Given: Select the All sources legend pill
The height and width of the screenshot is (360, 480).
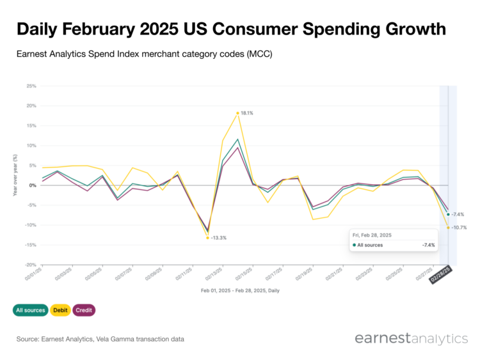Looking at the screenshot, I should tap(29, 310).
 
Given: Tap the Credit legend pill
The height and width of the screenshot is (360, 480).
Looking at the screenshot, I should tap(84, 310).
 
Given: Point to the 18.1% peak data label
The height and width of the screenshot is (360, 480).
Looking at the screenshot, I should tap(247, 113).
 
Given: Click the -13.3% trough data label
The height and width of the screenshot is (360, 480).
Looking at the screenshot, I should tap(218, 238).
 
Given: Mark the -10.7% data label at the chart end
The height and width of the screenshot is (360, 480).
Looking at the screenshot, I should tap(459, 228).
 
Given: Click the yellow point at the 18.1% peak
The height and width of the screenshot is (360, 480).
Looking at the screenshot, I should tap(237, 113).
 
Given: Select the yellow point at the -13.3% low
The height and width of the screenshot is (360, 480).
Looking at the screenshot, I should tap(207, 238).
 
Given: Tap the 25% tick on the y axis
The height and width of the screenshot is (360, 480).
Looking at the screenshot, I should tap(30, 86).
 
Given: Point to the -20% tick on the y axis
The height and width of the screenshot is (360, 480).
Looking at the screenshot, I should tap(29, 265).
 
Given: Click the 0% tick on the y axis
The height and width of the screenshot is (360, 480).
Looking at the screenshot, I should tap(31, 185).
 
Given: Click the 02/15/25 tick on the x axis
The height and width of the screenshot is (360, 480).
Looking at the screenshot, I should tap(244, 276).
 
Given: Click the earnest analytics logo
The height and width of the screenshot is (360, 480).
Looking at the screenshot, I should tap(410, 338).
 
